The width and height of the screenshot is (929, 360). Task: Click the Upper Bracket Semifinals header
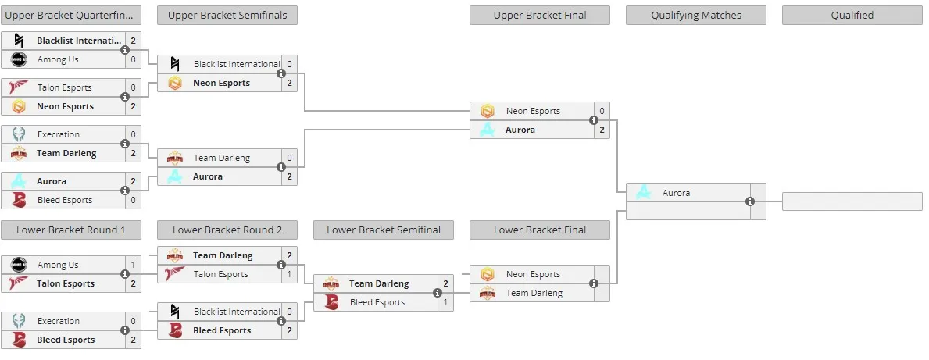[227, 16]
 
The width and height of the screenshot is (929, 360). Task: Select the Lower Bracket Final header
[540, 230]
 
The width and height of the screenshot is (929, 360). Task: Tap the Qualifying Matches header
[696, 16]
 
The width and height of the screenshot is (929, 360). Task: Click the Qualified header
[852, 16]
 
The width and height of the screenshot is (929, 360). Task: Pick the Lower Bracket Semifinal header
[384, 230]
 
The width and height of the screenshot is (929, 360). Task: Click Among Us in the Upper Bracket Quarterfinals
[58, 59]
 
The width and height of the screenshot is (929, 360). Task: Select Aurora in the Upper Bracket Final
[521, 130]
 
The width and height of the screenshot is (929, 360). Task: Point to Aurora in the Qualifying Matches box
[676, 192]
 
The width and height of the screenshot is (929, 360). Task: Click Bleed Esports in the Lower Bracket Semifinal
[377, 302]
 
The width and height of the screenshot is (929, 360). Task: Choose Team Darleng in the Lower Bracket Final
[534, 293]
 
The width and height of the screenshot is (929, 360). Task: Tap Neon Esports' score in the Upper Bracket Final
[602, 111]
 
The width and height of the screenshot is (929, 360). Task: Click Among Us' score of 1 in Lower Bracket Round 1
[134, 265]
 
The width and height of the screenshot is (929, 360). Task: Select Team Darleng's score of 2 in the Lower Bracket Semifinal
[445, 283]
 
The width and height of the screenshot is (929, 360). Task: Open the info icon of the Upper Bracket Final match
[594, 120]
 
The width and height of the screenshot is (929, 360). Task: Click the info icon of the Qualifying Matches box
[750, 201]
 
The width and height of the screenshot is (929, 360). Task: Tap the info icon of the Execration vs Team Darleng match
[125, 144]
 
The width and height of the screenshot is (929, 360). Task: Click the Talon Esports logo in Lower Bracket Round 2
[175, 274]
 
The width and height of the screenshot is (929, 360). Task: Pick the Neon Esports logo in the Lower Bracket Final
[487, 274]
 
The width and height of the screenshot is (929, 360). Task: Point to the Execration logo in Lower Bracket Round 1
[19, 321]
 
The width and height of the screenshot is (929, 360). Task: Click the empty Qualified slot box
[852, 201]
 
